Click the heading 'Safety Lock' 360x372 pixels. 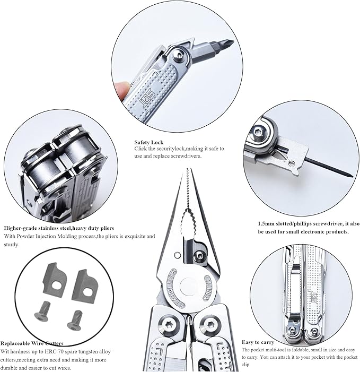pyautogui.click(x=149, y=142)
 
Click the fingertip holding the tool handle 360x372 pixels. pyautogui.click(x=121, y=90)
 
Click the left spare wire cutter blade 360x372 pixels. pyautogui.click(x=55, y=278)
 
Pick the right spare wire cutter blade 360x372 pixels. pyautogui.click(x=85, y=284)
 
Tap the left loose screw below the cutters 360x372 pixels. pyautogui.click(x=43, y=311)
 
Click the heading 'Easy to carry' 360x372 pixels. pyautogui.click(x=258, y=342)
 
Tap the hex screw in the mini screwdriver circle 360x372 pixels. pyautogui.click(x=258, y=131)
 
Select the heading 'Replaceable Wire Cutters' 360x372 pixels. pyautogui.click(x=32, y=343)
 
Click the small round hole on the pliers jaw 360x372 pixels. pyautogui.click(x=176, y=255)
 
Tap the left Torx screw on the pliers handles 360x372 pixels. pyautogui.click(x=170, y=325)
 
